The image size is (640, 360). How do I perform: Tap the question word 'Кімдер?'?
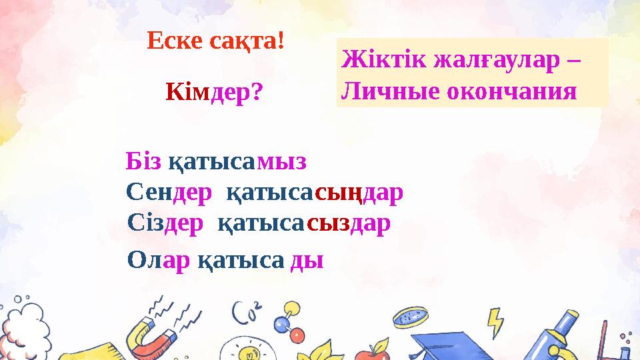pyautogui.click(x=214, y=93)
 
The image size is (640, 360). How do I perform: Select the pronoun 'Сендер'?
pyautogui.click(x=168, y=193)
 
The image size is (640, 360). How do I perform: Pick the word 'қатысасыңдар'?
pyautogui.click(x=315, y=193)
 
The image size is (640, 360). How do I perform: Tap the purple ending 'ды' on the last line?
pyautogui.click(x=308, y=261)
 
